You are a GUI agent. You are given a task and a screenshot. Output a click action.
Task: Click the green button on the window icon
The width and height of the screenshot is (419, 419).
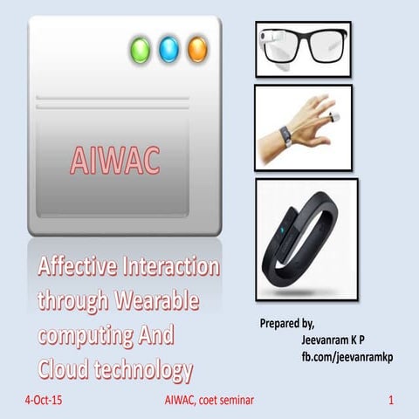point(140,50)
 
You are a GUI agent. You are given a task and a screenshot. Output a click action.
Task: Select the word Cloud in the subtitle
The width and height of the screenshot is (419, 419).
point(64,368)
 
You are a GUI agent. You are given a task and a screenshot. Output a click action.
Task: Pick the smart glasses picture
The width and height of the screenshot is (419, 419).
point(302,47)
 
